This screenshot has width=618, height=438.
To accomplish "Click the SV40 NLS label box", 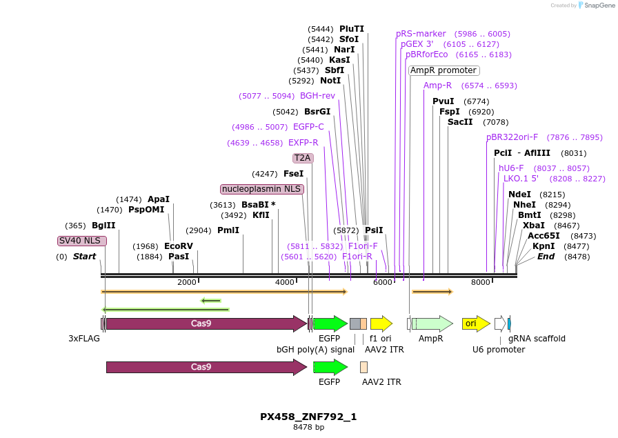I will [x=82, y=241].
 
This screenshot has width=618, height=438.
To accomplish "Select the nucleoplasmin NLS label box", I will [x=262, y=189].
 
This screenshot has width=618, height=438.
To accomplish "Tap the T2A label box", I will [x=303, y=158].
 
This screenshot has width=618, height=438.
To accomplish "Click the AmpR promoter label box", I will [x=443, y=70].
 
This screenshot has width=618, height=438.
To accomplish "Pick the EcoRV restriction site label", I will [x=179, y=246].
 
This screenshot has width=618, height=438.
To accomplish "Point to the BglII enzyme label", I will [x=103, y=226].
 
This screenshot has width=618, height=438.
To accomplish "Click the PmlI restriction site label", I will [x=228, y=230].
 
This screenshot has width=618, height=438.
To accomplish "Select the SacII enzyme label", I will [x=460, y=122].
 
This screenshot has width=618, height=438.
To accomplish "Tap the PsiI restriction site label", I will [x=374, y=230].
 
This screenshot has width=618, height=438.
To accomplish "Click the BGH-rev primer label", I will [x=317, y=96].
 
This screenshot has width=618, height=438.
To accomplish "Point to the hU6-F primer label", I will [x=511, y=168].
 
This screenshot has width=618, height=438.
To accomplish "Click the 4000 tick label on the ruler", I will [x=285, y=282].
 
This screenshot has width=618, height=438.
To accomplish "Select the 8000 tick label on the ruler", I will [x=481, y=282].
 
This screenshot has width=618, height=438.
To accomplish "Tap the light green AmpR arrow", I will [x=432, y=323].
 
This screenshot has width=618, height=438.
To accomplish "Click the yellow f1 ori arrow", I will [x=381, y=323].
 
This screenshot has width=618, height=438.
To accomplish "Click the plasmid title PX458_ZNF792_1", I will [x=308, y=417].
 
